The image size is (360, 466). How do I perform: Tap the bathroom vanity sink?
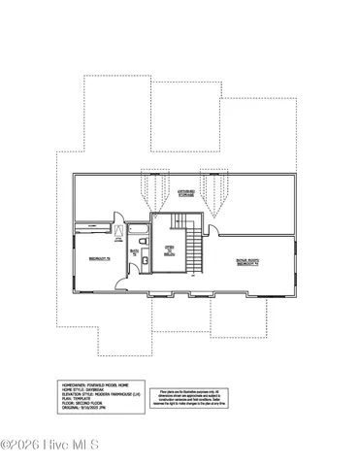tap(145, 260)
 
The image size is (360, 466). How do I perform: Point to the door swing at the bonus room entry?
tap(212, 230)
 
